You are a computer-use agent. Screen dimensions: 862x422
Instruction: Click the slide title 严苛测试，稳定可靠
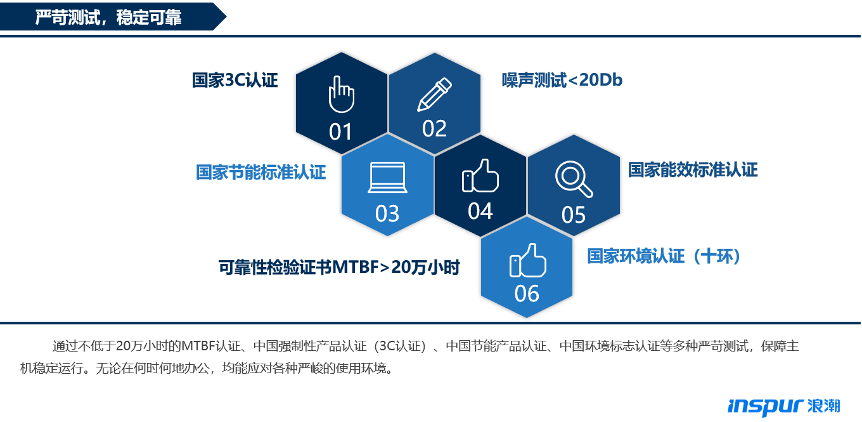[x=108, y=17]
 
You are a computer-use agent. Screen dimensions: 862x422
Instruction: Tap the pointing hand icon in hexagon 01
[x=341, y=95]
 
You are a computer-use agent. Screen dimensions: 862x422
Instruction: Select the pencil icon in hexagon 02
[x=434, y=95]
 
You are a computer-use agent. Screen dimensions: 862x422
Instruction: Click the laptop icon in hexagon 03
[x=387, y=177]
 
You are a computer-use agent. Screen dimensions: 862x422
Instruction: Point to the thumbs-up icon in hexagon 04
[x=480, y=176]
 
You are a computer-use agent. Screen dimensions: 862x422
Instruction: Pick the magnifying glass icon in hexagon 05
[x=574, y=179]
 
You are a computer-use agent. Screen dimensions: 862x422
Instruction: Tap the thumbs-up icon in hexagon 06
[x=527, y=260]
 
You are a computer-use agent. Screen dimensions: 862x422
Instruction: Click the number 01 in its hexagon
[x=340, y=132]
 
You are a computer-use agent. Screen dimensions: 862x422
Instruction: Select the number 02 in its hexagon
[x=434, y=128]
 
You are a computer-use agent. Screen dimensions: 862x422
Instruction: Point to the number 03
[x=387, y=213]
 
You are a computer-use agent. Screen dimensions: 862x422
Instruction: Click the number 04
[x=480, y=211]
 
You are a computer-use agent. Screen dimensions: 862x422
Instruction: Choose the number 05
[x=574, y=214]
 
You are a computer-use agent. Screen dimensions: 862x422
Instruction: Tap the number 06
[x=527, y=294]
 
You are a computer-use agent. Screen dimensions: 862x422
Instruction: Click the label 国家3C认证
[x=235, y=80]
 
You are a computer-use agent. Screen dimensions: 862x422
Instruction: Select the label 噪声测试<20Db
[x=562, y=80]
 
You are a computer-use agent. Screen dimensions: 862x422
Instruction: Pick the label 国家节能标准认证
[x=261, y=172]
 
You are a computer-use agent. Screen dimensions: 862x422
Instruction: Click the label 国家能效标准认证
[x=693, y=169]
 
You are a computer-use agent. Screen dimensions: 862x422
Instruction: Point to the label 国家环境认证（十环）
[x=664, y=256]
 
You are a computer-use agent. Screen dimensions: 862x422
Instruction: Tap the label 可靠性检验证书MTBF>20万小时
[x=339, y=267]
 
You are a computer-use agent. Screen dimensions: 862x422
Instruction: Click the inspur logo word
[x=766, y=407]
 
